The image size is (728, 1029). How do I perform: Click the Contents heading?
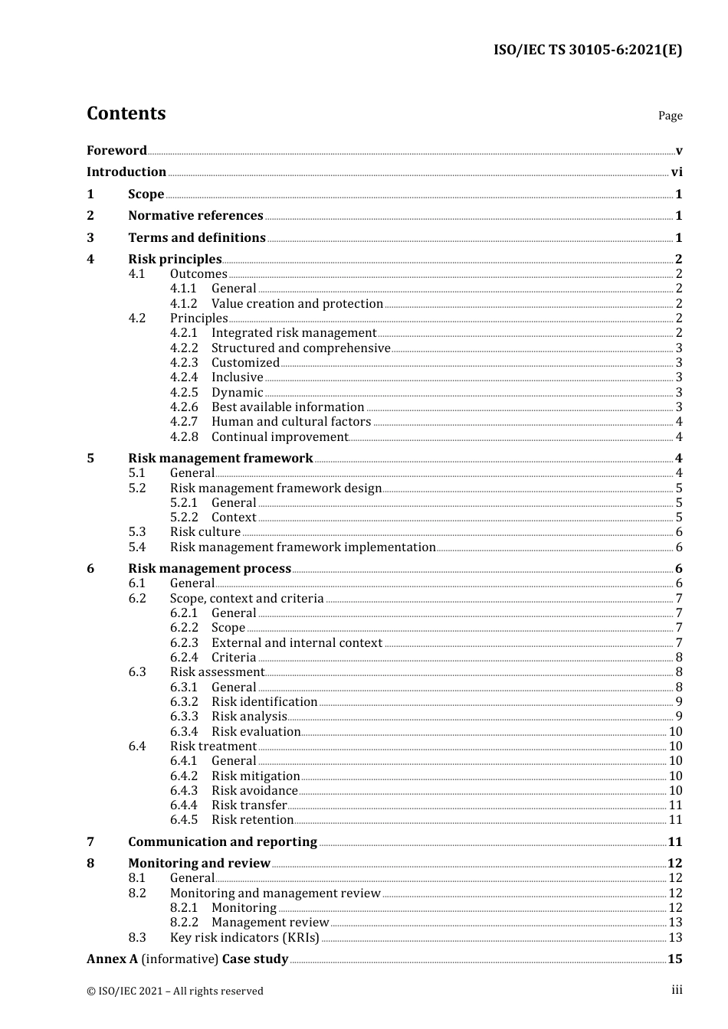[126, 113]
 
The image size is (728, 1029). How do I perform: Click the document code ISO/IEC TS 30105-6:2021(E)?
[587, 50]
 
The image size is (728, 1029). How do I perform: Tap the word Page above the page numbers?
[670, 116]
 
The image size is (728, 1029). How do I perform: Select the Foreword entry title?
[116, 150]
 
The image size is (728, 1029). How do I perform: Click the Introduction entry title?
[126, 172]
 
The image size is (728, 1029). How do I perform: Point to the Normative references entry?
[195, 216]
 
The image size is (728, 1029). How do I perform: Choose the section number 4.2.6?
[184, 407]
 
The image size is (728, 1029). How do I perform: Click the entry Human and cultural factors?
[291, 422]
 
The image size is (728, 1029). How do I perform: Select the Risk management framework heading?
[221, 459]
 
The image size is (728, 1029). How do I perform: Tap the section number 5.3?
[137, 532]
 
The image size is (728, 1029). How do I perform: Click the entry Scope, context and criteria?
[247, 599]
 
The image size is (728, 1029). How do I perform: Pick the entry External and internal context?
[297, 643]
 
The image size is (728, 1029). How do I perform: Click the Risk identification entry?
[264, 702]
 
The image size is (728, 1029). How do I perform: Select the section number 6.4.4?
[184, 805]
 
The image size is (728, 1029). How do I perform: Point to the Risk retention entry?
[252, 820]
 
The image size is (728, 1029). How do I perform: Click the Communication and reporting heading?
[222, 842]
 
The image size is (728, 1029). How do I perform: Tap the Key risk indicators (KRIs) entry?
[244, 938]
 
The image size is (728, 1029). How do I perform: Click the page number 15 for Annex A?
[674, 959]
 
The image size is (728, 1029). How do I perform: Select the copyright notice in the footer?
[175, 991]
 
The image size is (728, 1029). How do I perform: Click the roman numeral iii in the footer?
[677, 990]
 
